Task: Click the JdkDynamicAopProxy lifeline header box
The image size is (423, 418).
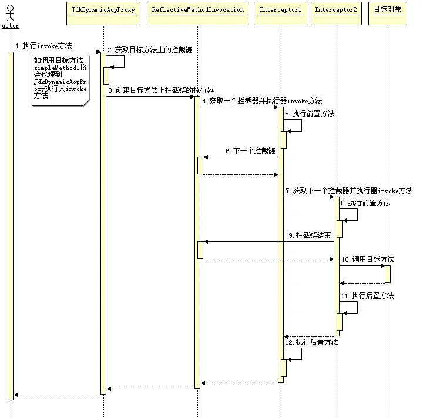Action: (x=103, y=11)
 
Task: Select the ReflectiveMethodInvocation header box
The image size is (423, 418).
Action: (x=197, y=11)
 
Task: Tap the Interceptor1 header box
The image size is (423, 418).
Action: (x=280, y=11)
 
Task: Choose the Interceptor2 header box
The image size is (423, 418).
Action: (x=337, y=11)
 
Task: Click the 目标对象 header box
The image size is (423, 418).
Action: (x=388, y=11)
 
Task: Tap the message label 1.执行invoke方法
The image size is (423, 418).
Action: (x=43, y=46)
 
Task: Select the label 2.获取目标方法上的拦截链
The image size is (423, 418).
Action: (x=149, y=50)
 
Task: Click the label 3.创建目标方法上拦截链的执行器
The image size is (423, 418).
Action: (x=160, y=90)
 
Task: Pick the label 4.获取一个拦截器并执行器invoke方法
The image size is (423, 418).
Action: (x=261, y=101)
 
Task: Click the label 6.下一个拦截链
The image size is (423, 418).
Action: (x=249, y=151)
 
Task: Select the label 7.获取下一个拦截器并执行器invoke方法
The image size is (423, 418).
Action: (x=348, y=191)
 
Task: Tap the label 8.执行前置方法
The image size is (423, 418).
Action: (x=365, y=203)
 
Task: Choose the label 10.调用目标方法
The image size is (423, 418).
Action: (x=368, y=259)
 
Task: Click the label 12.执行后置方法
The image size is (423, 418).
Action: (x=311, y=342)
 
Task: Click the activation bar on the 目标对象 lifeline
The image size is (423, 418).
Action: (x=388, y=274)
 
